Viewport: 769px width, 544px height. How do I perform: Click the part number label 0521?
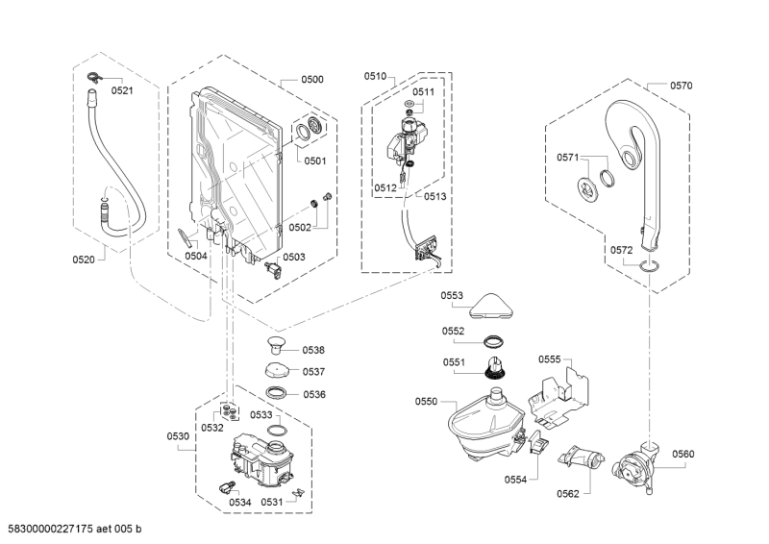point(122,90)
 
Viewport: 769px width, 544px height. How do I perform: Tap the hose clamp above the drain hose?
point(93,78)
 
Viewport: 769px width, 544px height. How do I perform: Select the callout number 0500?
point(312,80)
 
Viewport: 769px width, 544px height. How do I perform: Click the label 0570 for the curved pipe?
point(682,86)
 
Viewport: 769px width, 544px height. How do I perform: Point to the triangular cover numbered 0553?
point(491,307)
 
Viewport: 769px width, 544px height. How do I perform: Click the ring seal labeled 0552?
point(494,340)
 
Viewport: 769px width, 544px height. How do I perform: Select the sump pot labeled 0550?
point(485,424)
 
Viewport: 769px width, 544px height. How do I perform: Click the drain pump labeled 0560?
point(635,468)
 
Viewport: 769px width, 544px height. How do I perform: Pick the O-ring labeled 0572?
point(649,266)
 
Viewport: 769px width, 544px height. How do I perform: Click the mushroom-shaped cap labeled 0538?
point(277,344)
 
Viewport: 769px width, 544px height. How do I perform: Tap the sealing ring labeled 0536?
point(277,392)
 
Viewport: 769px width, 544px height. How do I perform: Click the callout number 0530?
point(178,436)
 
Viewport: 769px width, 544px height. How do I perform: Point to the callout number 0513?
point(435,197)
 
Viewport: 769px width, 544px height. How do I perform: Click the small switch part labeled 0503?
point(273,270)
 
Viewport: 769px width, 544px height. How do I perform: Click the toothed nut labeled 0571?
point(586,188)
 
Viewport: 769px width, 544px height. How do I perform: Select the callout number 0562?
point(568,494)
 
